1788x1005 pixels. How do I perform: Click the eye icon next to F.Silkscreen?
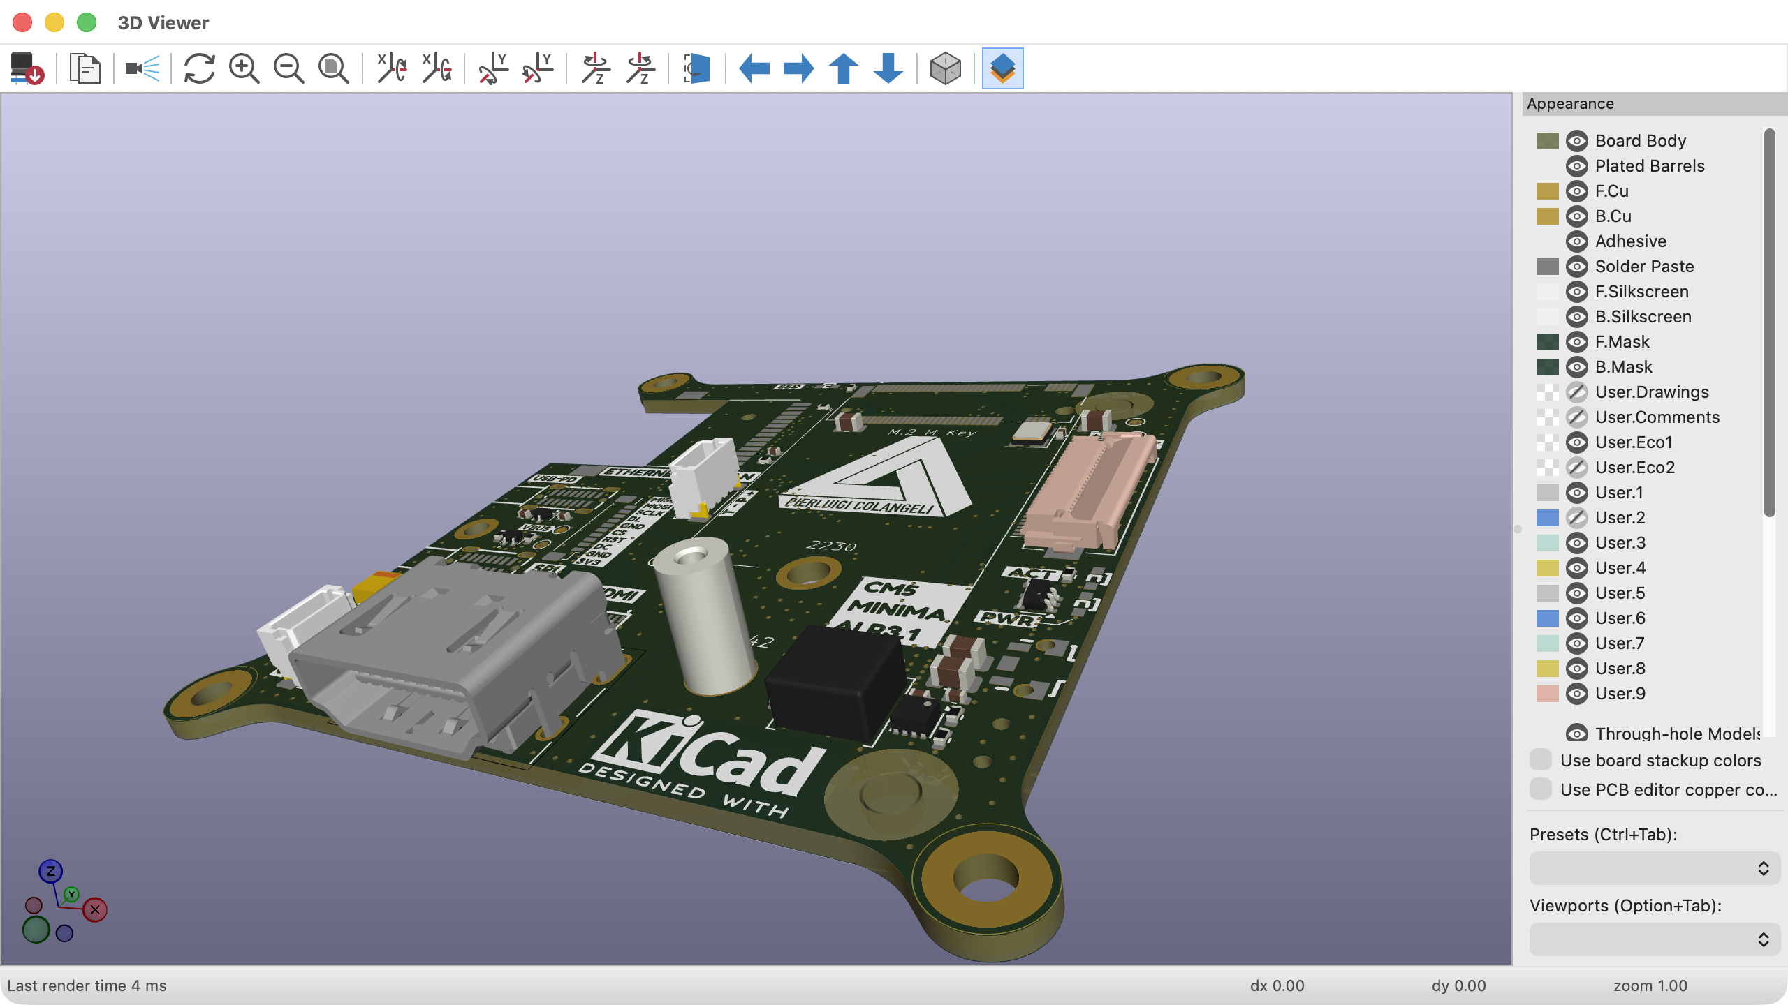click(1576, 292)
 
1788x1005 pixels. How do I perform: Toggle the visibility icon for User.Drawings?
click(1576, 392)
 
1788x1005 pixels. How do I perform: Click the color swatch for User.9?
click(1547, 694)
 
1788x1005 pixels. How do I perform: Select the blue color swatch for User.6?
click(1547, 618)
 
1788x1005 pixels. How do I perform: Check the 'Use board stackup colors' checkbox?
click(1540, 760)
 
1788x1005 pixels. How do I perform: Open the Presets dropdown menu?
click(1654, 868)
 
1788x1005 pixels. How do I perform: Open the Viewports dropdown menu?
click(1654, 939)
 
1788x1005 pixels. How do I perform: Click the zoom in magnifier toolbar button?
click(244, 68)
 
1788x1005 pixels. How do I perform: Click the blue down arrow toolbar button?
click(888, 68)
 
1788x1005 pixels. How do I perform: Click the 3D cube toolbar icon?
click(945, 68)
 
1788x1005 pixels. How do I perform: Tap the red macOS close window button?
click(22, 22)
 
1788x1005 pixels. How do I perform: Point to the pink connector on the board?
click(1086, 489)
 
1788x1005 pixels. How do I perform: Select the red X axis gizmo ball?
click(95, 909)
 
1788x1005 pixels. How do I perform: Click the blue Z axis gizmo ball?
click(50, 871)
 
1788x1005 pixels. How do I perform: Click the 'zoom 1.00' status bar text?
click(1650, 985)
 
